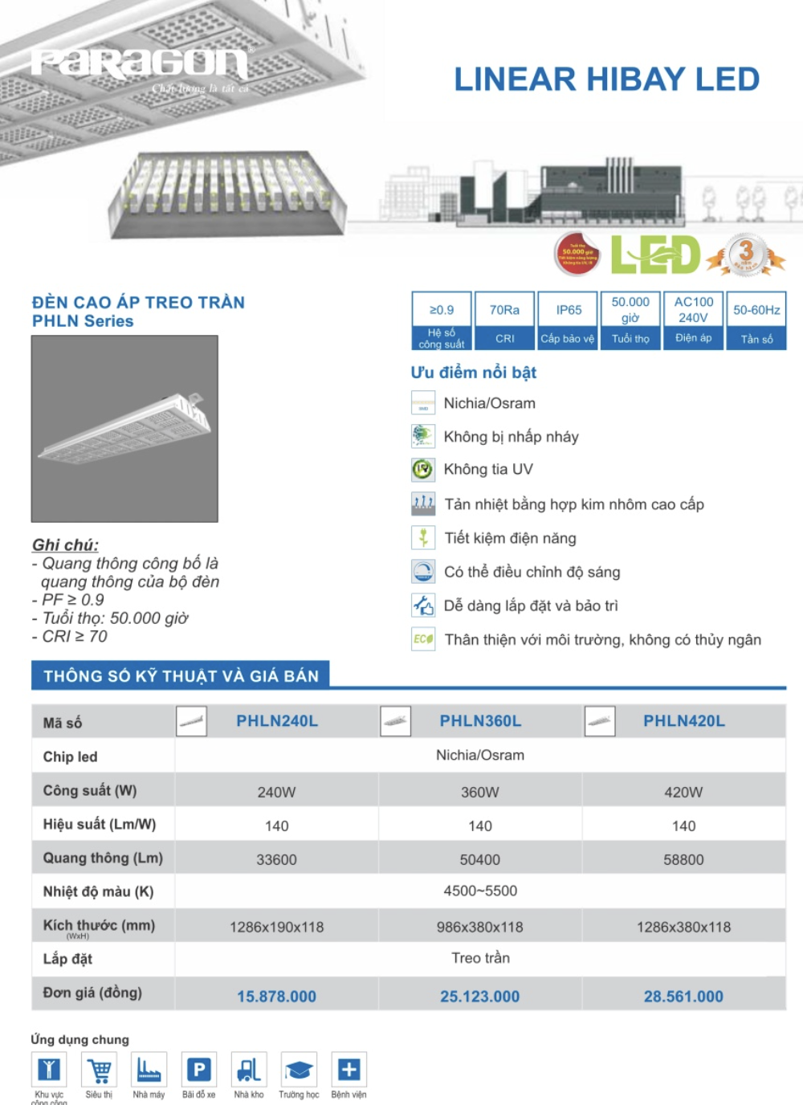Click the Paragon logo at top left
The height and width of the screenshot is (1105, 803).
click(139, 63)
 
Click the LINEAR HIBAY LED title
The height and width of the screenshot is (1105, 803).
click(606, 80)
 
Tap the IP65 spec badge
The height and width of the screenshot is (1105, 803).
click(568, 320)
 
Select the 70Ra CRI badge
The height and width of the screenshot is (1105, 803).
click(504, 320)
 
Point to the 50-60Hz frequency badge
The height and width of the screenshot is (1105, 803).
click(756, 320)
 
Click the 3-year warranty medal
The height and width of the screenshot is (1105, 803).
click(746, 255)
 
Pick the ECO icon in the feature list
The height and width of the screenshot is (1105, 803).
click(423, 639)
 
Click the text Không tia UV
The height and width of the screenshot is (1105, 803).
click(488, 469)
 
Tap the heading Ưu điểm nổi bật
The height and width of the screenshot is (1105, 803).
click(473, 373)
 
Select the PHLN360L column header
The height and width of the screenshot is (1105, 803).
click(480, 721)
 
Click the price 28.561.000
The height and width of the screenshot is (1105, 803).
click(683, 997)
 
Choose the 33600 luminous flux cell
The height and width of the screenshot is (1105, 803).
click(276, 859)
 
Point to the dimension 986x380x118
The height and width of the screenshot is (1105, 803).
click(479, 927)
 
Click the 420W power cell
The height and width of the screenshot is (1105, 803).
click(683, 792)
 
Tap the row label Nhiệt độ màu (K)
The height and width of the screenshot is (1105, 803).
click(98, 891)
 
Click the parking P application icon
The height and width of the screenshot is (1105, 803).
click(199, 1070)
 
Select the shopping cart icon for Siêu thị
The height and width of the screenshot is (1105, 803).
click(100, 1070)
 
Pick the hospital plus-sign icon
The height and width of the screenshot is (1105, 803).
click(349, 1070)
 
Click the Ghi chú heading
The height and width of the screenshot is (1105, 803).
click(65, 544)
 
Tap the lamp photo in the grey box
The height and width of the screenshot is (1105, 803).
click(124, 429)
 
